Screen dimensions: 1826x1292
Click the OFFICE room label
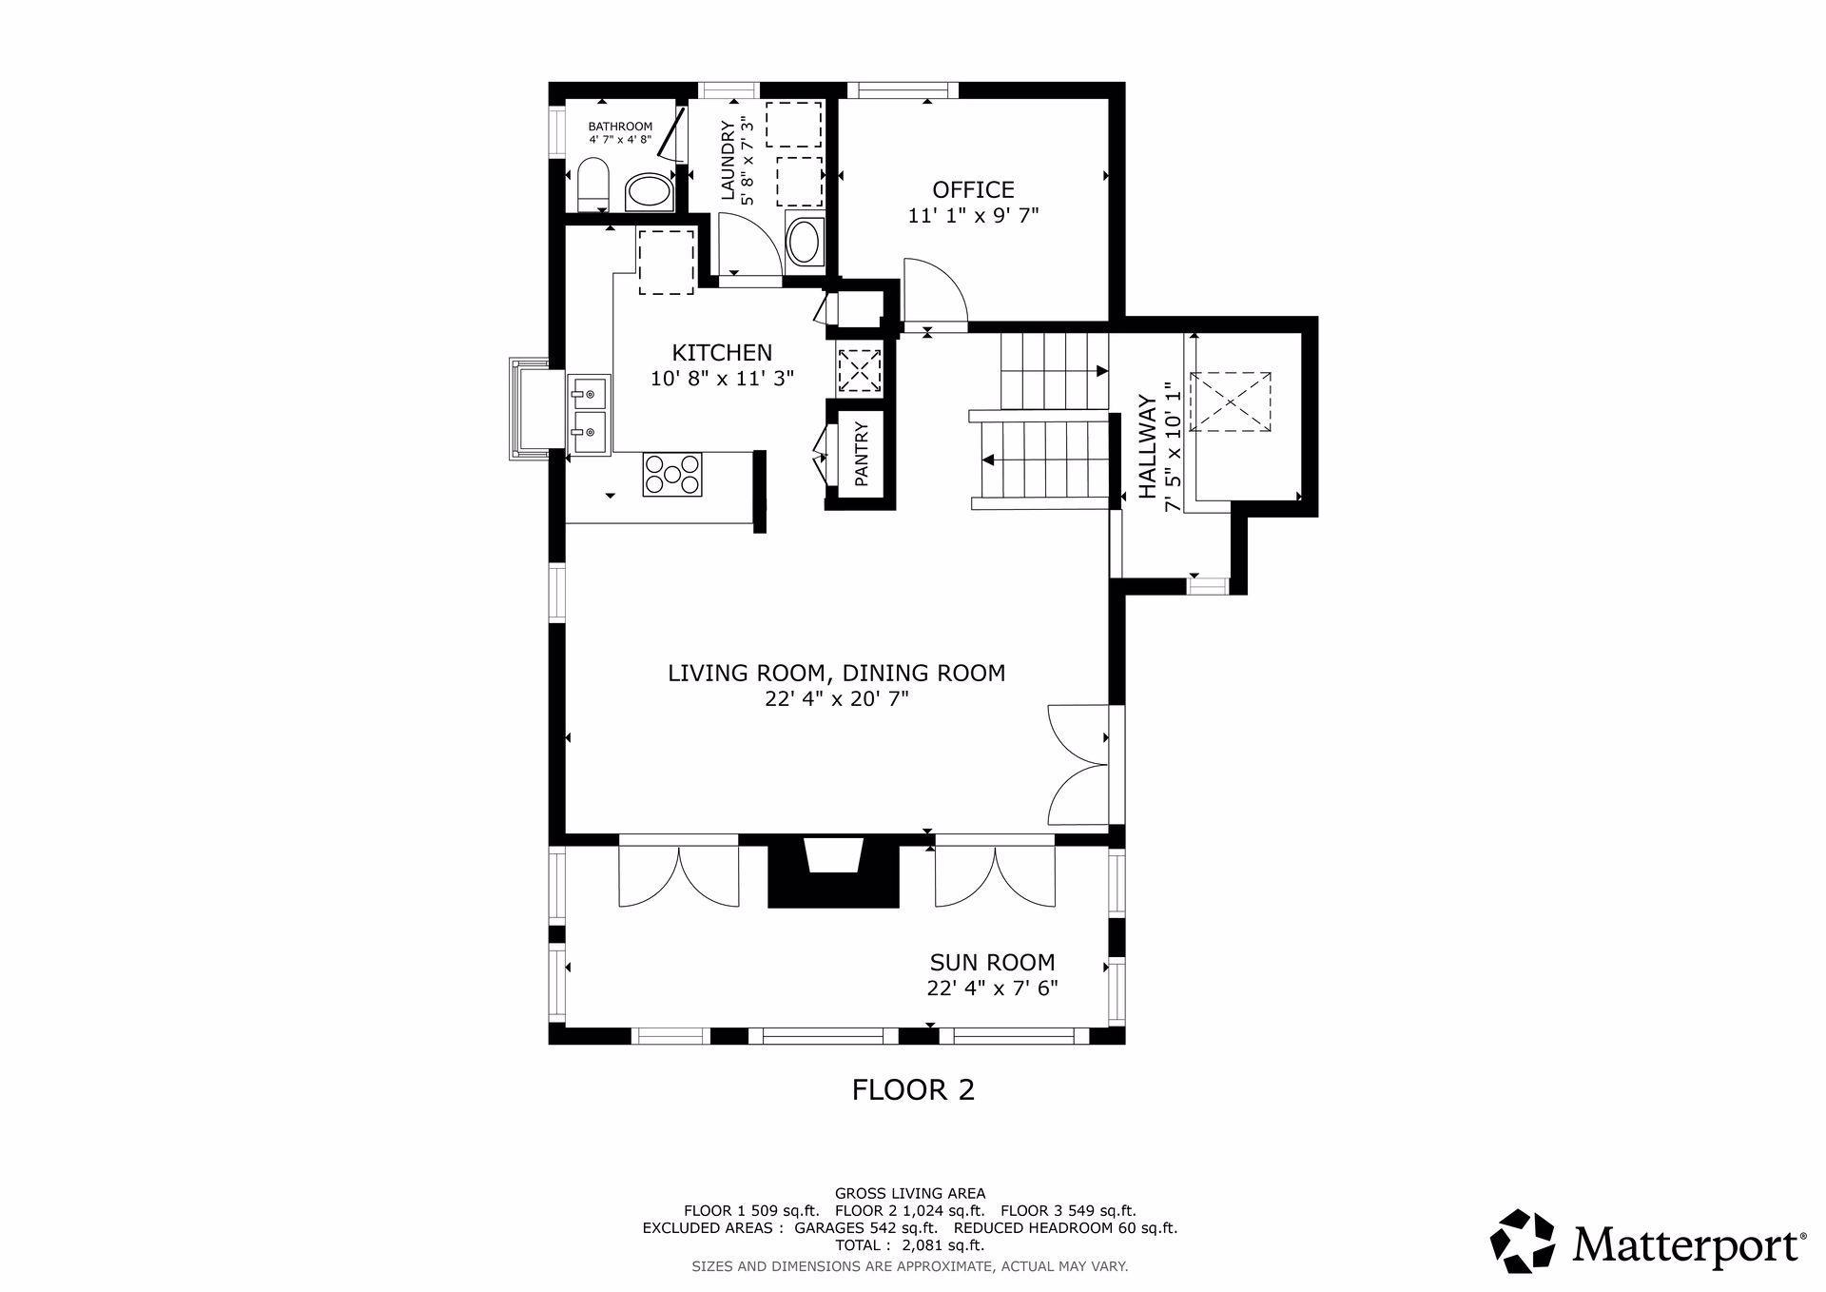(x=973, y=189)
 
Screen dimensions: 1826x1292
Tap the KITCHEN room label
(x=722, y=352)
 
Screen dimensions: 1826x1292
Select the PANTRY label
(x=862, y=455)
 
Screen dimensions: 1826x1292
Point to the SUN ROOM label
(x=992, y=962)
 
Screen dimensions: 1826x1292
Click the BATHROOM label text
(x=620, y=127)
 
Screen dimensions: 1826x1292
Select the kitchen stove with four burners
(x=673, y=475)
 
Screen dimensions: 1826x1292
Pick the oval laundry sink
(x=806, y=242)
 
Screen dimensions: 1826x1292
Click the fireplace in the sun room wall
(x=833, y=872)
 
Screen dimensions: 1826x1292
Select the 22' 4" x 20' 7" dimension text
(x=837, y=699)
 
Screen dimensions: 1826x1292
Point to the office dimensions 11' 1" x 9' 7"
(x=973, y=215)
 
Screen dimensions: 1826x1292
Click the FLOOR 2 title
(x=913, y=1089)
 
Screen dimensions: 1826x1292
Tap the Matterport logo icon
(x=1522, y=1241)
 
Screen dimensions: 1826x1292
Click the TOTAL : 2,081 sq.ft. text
(x=910, y=1244)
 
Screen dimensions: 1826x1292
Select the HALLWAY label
(x=1148, y=447)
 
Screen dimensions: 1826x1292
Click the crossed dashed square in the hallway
(x=1232, y=401)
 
